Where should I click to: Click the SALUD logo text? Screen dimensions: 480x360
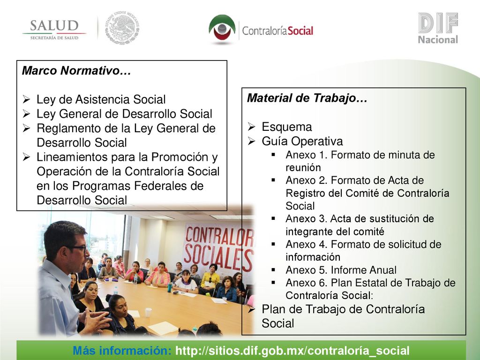54,26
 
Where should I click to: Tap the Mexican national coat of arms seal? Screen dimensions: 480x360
122,28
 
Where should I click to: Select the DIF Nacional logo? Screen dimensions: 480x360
438,28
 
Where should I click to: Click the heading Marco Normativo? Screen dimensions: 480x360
76,71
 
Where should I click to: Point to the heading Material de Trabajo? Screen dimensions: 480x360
307,98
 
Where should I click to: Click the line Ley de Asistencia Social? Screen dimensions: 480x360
101,99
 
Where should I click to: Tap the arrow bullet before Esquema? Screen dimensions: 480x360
251,127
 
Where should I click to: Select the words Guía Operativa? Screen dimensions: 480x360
302,141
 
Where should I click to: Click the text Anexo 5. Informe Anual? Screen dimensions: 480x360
341,270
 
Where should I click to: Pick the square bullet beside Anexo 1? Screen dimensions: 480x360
273,155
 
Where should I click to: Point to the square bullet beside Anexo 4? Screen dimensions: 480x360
273,244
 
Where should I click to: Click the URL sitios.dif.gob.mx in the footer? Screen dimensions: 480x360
292,351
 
